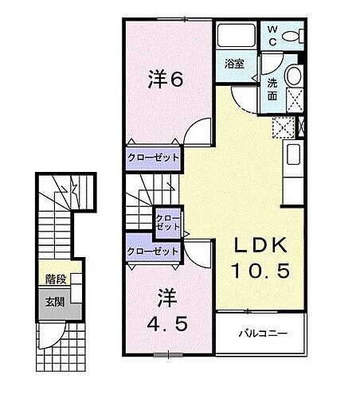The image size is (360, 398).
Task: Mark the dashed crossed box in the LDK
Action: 283,127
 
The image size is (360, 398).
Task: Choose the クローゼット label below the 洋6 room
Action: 154,158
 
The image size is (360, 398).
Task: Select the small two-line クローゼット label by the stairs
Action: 167,223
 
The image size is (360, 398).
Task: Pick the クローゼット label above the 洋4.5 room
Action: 153,252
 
